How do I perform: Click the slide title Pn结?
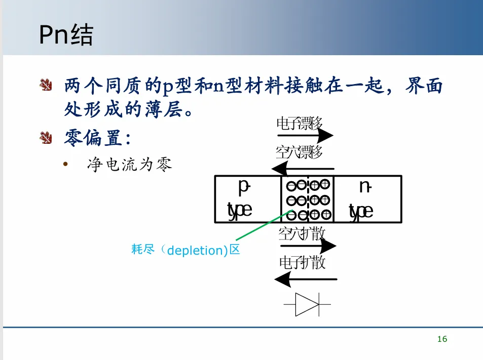(66, 36)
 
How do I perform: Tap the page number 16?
(442, 339)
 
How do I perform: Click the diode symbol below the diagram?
(307, 304)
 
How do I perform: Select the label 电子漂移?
(299, 123)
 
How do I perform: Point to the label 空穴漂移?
(299, 151)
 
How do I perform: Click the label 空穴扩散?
(302, 234)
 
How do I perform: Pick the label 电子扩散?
(302, 263)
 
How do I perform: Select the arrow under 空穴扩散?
(307, 247)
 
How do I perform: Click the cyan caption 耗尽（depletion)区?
(185, 250)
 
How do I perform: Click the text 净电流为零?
(130, 165)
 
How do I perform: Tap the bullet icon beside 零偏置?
(46, 137)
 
